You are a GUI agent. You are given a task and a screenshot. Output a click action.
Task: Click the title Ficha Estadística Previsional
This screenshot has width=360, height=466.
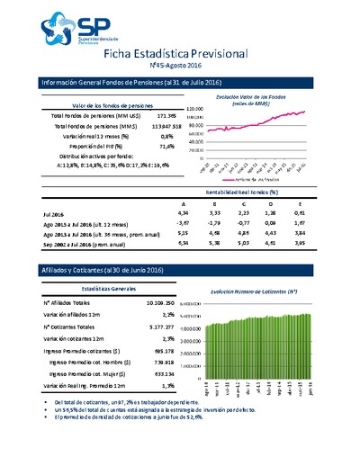(x=179, y=54)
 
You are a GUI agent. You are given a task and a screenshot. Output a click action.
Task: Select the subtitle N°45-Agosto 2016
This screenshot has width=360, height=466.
(x=179, y=67)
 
